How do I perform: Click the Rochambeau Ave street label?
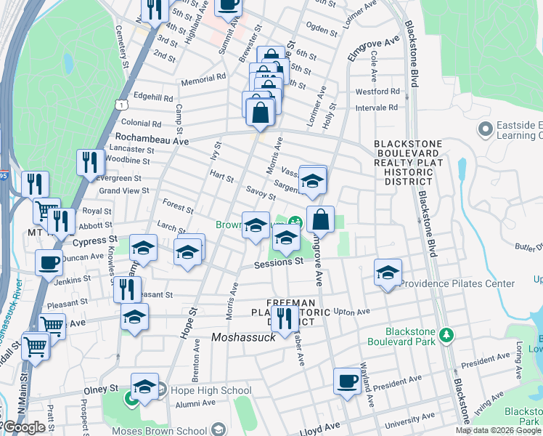pos(148,137)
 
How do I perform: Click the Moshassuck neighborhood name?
pos(244,337)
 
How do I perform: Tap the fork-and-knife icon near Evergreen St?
pos(89,162)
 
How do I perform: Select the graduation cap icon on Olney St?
pos(144,385)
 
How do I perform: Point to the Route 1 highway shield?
pos(118,105)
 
